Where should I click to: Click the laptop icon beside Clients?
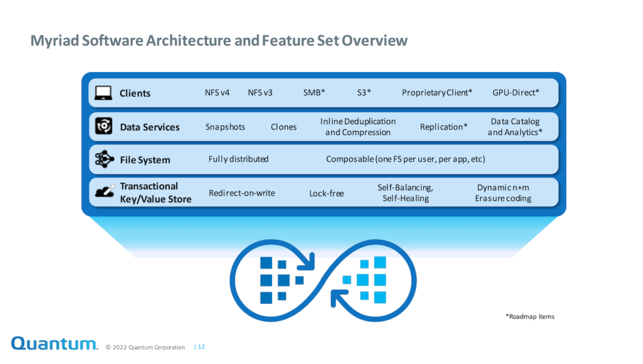(x=103, y=93)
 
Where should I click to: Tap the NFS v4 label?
(x=217, y=93)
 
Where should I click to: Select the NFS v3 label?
(x=260, y=93)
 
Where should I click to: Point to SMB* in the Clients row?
(x=314, y=93)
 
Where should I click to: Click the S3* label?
(x=364, y=93)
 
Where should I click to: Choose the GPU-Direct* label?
(x=515, y=93)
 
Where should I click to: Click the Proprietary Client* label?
(x=437, y=93)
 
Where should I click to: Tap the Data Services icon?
(x=104, y=126)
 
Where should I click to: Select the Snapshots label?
(x=225, y=127)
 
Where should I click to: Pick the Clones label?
(x=284, y=127)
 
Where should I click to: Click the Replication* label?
(x=444, y=127)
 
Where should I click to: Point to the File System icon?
(x=104, y=159)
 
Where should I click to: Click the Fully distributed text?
(x=239, y=159)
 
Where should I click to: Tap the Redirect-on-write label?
(x=241, y=193)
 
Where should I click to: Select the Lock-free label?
(x=326, y=193)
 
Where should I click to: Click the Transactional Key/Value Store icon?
(x=104, y=191)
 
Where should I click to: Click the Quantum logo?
(x=54, y=343)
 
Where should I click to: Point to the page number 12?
(x=201, y=347)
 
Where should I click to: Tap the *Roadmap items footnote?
(x=530, y=316)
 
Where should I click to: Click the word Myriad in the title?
(x=54, y=41)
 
